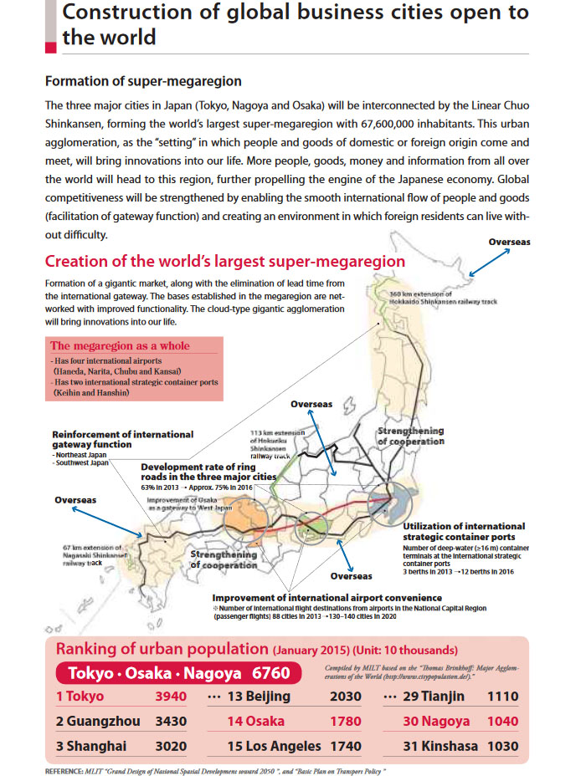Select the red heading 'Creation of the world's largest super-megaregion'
point(224,261)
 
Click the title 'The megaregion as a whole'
point(120,345)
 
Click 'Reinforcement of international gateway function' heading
point(122,440)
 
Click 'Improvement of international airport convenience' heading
point(327,598)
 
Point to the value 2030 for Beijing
point(346,697)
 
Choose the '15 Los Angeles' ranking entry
point(275,746)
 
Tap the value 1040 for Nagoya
point(501,721)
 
